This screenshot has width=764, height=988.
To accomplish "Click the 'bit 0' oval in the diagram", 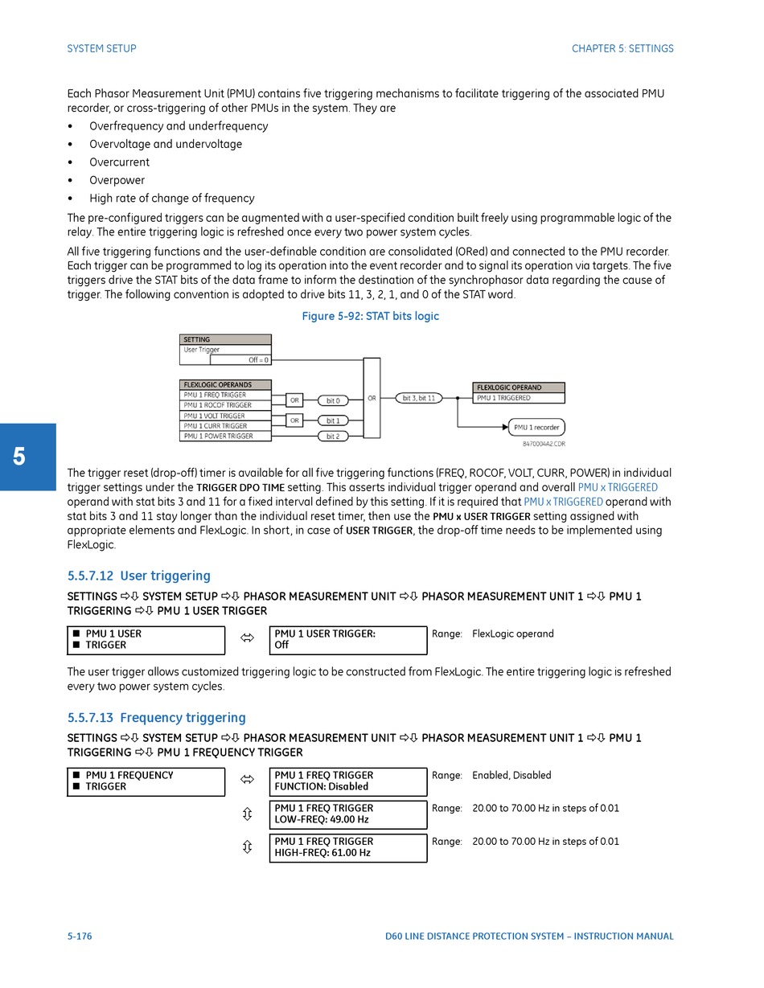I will (333, 400).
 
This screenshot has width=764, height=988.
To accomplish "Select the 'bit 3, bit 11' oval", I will (419, 398).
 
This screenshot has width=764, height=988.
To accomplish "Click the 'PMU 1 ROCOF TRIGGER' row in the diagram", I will (225, 405).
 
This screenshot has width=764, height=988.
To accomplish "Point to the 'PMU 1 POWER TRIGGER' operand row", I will (225, 436).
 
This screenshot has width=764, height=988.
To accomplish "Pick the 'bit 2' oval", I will (333, 437).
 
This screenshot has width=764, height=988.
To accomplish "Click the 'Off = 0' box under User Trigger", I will (240, 360).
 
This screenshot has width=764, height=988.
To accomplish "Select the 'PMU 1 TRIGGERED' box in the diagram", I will (519, 398).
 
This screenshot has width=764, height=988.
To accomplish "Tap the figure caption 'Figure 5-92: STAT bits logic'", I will (370, 316).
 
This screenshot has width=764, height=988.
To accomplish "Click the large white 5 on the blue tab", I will (19, 457).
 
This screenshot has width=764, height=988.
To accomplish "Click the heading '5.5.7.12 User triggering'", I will (139, 576).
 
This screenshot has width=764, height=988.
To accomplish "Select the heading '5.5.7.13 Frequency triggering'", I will (157, 717).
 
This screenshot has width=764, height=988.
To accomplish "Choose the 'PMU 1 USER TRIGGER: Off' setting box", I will (347, 640).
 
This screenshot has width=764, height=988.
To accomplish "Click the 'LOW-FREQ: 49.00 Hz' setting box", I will (347, 814).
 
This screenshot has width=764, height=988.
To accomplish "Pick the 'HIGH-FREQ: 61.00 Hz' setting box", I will (347, 847).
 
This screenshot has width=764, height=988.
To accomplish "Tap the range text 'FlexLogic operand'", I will (512, 633).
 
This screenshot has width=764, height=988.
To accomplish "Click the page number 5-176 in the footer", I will (80, 936).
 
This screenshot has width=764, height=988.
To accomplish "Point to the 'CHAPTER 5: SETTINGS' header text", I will (622, 48).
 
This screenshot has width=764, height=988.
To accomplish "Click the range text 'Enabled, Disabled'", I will (511, 775).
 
